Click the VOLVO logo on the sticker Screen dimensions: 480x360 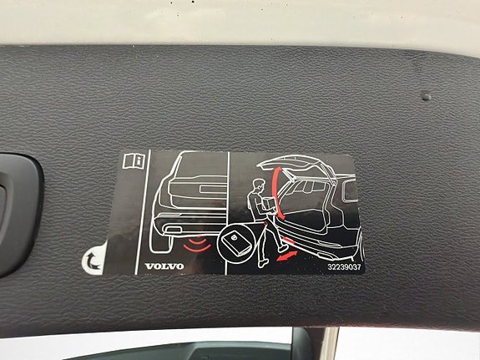(x=164, y=266)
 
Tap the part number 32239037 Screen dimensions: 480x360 (x=345, y=266)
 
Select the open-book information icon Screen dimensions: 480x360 (x=134, y=160)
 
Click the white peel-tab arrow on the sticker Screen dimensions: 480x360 (x=93, y=261)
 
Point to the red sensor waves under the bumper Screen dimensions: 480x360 (x=198, y=244)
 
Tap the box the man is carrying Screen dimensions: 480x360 (x=270, y=204)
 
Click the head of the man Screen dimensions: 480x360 (x=260, y=185)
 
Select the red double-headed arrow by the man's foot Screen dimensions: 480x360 (x=287, y=256)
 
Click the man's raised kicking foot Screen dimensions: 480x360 (x=283, y=248)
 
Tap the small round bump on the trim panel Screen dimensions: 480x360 (x=426, y=97)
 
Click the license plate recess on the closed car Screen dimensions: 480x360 (x=213, y=189)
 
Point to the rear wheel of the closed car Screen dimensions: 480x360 (x=161, y=242)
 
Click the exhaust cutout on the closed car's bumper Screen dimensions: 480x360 (x=174, y=229)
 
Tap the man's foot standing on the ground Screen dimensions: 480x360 (x=263, y=263)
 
